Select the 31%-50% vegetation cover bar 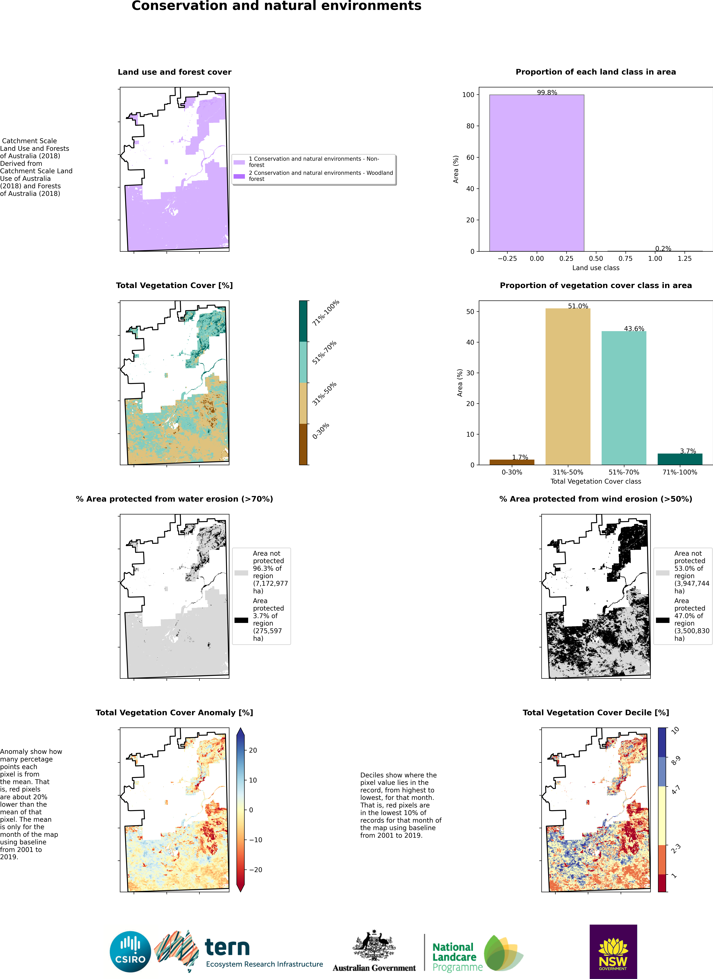[x=568, y=386]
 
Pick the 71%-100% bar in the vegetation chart [x=680, y=459]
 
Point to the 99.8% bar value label [x=547, y=92]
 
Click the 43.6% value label [x=634, y=329]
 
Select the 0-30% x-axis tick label [x=512, y=472]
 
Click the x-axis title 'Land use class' [x=596, y=268]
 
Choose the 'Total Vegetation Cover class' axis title [x=596, y=481]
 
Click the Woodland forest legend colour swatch [x=239, y=176]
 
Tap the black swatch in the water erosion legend [x=241, y=620]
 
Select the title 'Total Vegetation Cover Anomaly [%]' [x=174, y=713]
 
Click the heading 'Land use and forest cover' [x=174, y=72]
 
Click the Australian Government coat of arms [x=374, y=945]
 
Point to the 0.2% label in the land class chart [x=663, y=249]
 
